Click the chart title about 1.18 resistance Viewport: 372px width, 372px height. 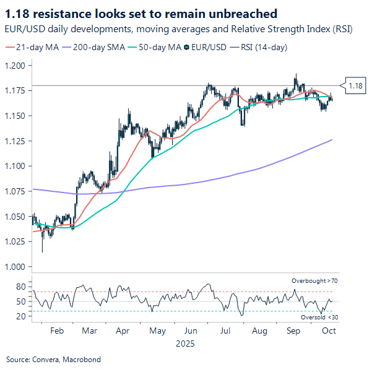click(141, 13)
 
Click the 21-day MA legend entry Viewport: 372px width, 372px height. click(37, 46)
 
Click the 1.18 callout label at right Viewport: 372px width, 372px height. click(355, 85)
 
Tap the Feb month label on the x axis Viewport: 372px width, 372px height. click(56, 331)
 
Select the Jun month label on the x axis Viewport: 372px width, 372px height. click(191, 331)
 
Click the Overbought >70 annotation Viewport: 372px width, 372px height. click(315, 281)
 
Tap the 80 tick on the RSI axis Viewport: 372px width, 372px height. click(20, 287)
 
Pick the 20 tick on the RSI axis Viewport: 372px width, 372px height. click(20, 316)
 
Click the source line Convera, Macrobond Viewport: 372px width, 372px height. click(53, 359)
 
